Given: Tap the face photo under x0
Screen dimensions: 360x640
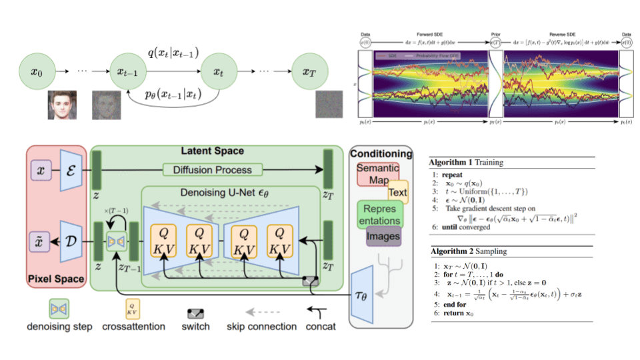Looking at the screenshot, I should [x=64, y=105].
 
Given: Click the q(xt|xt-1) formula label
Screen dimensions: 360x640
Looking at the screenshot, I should [x=173, y=52].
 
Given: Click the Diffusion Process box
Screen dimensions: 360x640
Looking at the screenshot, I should [x=213, y=169].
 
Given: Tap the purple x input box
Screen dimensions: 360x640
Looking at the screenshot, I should [x=41, y=171].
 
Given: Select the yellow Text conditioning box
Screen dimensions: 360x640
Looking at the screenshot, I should [x=397, y=192].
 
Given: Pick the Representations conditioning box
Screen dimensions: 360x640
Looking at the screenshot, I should [x=379, y=213].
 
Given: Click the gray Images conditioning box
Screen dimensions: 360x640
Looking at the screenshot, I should [x=383, y=235].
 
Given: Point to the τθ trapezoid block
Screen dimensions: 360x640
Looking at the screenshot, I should [x=361, y=291].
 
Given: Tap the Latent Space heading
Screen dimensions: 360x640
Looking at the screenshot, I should [x=213, y=152].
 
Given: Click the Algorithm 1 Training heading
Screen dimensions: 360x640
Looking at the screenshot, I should [x=467, y=162].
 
